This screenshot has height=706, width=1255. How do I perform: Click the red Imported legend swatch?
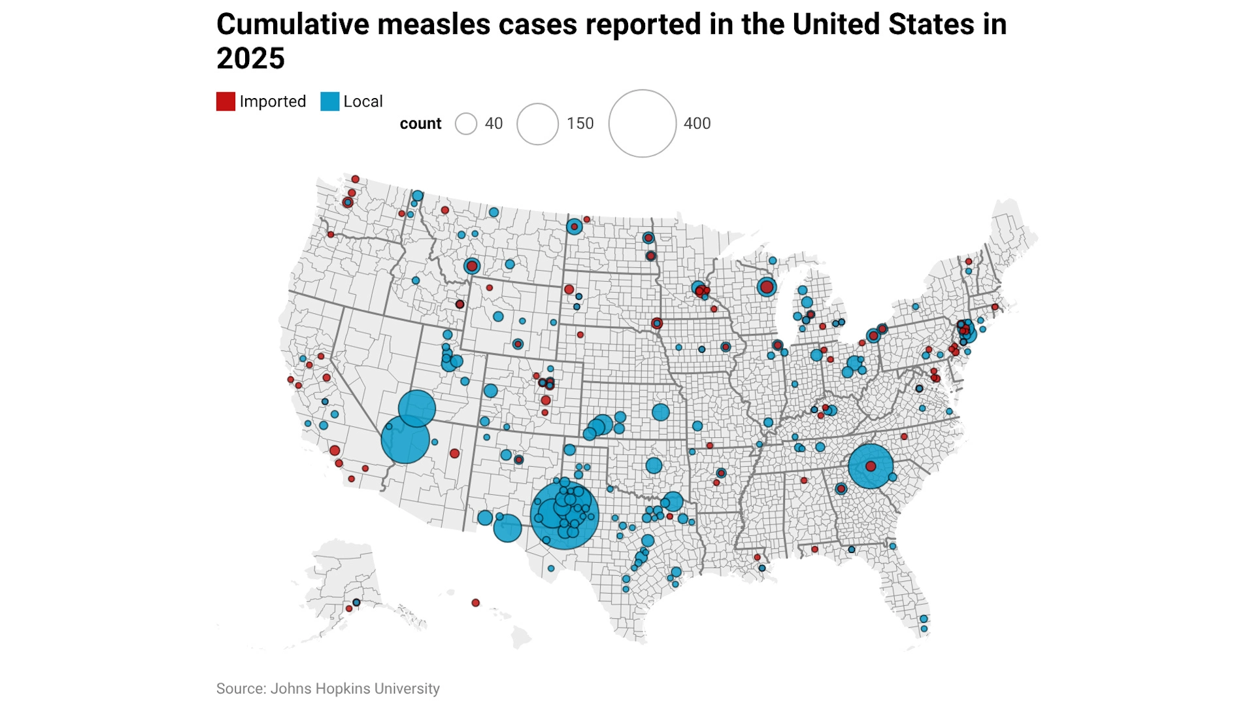226,102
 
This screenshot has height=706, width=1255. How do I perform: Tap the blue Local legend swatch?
329,102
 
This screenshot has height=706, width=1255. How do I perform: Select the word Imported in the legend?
273,102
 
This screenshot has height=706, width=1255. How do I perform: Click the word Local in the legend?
363,102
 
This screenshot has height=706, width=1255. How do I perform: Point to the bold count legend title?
420,124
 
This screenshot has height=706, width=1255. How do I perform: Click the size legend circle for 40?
466,124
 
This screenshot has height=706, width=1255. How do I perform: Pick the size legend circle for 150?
537,124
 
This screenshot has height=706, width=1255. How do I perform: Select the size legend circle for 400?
642,124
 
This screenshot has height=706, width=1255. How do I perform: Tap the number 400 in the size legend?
697,124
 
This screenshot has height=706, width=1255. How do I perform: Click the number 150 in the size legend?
580,124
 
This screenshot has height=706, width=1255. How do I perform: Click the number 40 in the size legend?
494,124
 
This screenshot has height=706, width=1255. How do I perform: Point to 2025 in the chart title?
250,59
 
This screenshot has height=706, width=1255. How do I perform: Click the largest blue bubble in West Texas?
564,515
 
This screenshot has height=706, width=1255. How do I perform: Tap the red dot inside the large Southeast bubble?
871,466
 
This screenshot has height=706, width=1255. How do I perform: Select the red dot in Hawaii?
476,603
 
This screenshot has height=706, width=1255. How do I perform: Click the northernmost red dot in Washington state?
355,179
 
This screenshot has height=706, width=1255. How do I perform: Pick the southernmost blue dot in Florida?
924,629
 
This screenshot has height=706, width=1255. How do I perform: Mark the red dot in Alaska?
349,609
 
